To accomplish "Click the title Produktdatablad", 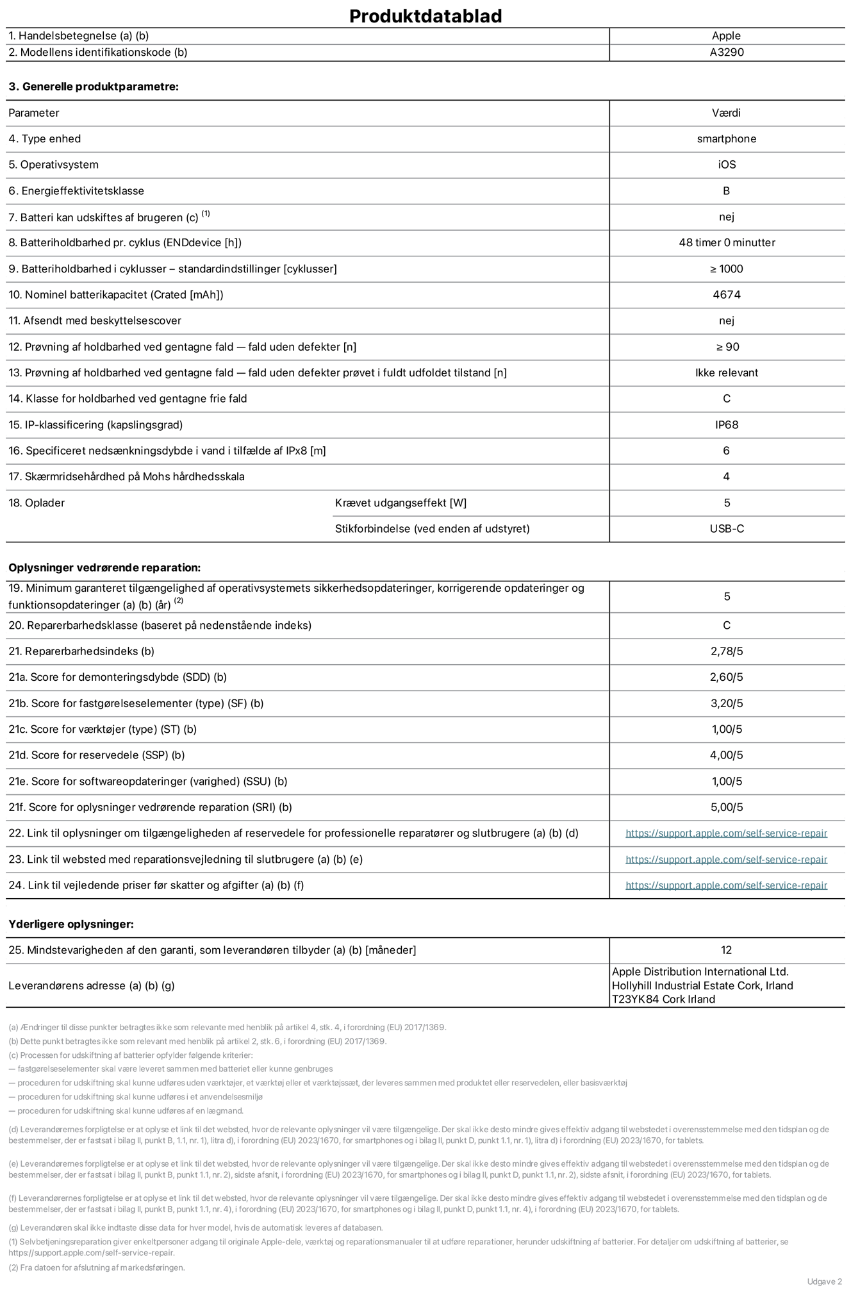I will pyautogui.click(x=425, y=16).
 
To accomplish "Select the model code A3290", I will pyautogui.click(x=726, y=53).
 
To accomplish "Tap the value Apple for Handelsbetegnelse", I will pyautogui.click(x=726, y=36).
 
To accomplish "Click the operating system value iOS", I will pyautogui.click(x=726, y=165).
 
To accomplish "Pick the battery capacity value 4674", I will pyautogui.click(x=726, y=295).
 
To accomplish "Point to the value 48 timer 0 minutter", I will pyautogui.click(x=726, y=243).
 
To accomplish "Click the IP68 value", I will pyautogui.click(x=726, y=425).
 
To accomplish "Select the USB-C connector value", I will pyautogui.click(x=726, y=529).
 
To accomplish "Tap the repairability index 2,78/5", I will pyautogui.click(x=726, y=651).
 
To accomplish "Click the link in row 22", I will pyautogui.click(x=726, y=833).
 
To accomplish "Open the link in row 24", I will pyautogui.click(x=726, y=885).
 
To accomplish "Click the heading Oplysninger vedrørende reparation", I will pyautogui.click(x=104, y=568).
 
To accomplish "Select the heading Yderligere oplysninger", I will pyautogui.click(x=71, y=924).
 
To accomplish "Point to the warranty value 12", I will pyautogui.click(x=726, y=950).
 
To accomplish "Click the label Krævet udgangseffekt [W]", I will pyautogui.click(x=401, y=503).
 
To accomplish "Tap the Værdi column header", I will pyautogui.click(x=726, y=113).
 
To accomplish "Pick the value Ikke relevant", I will pyautogui.click(x=726, y=373).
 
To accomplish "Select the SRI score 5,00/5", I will pyautogui.click(x=726, y=808).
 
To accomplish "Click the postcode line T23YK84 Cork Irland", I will pyautogui.click(x=663, y=999).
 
